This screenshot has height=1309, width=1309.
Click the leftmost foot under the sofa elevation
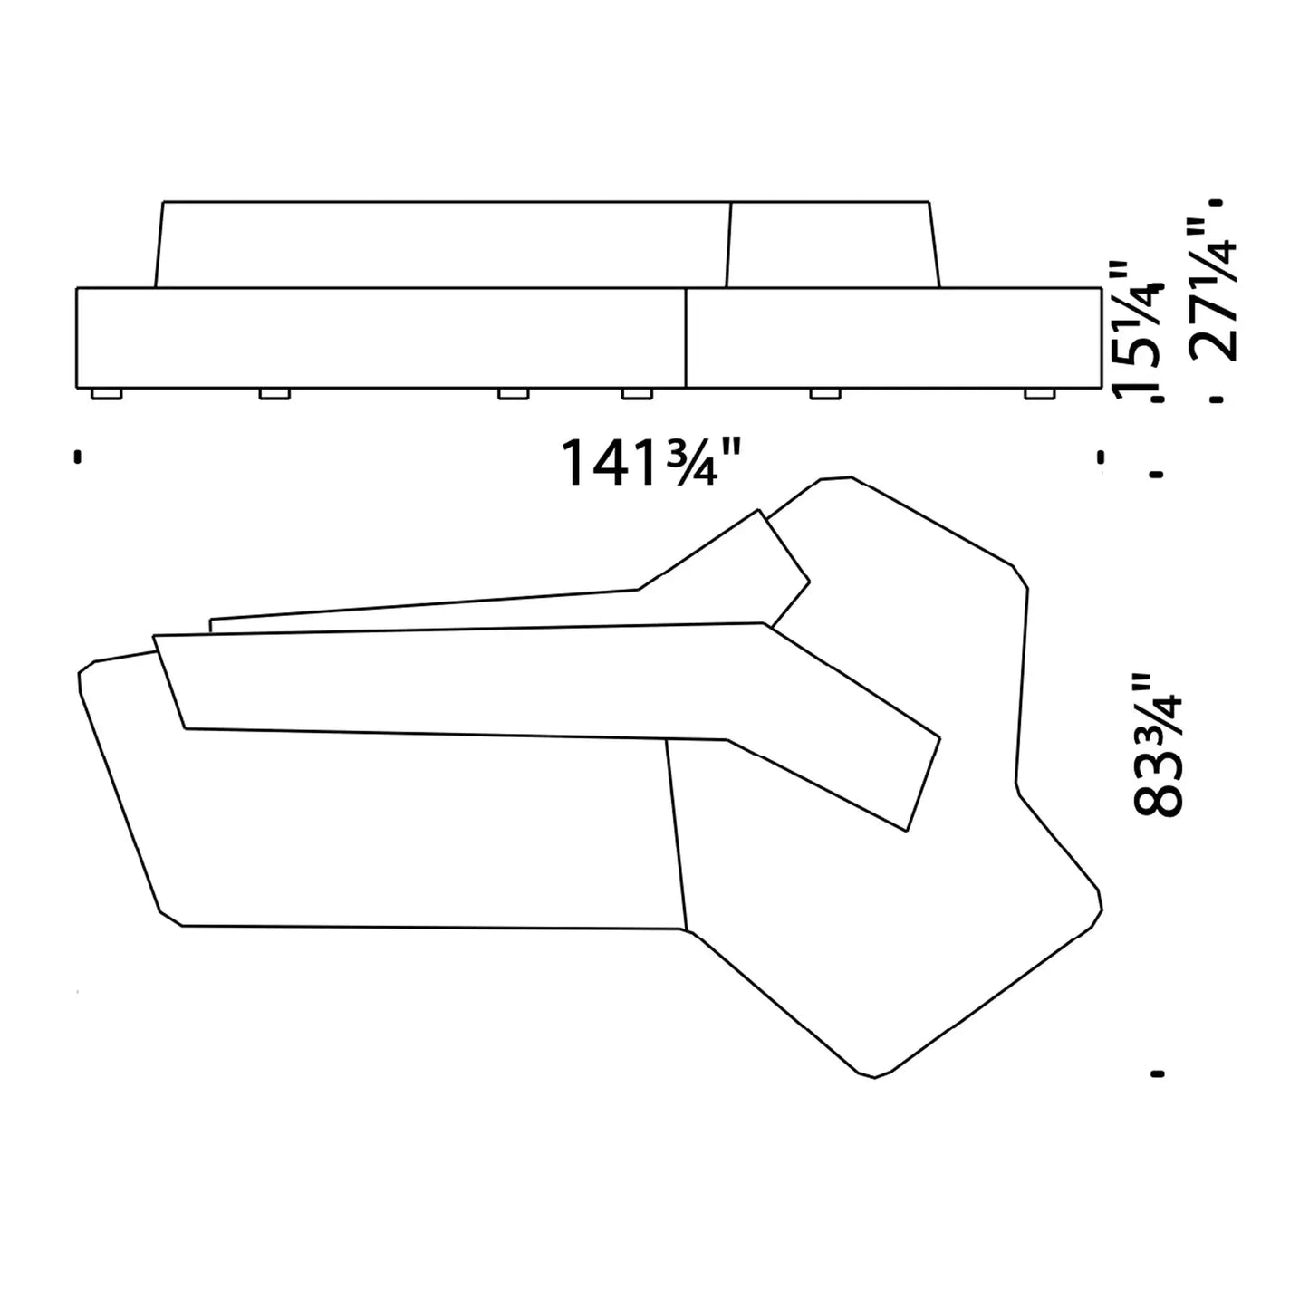click(107, 393)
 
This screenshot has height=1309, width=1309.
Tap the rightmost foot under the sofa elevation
click(1039, 393)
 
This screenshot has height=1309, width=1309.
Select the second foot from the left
click(274, 393)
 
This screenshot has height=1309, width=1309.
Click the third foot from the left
click(513, 393)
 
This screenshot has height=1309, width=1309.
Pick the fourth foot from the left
click(637, 393)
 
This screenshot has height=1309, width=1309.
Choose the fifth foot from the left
click(824, 393)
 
